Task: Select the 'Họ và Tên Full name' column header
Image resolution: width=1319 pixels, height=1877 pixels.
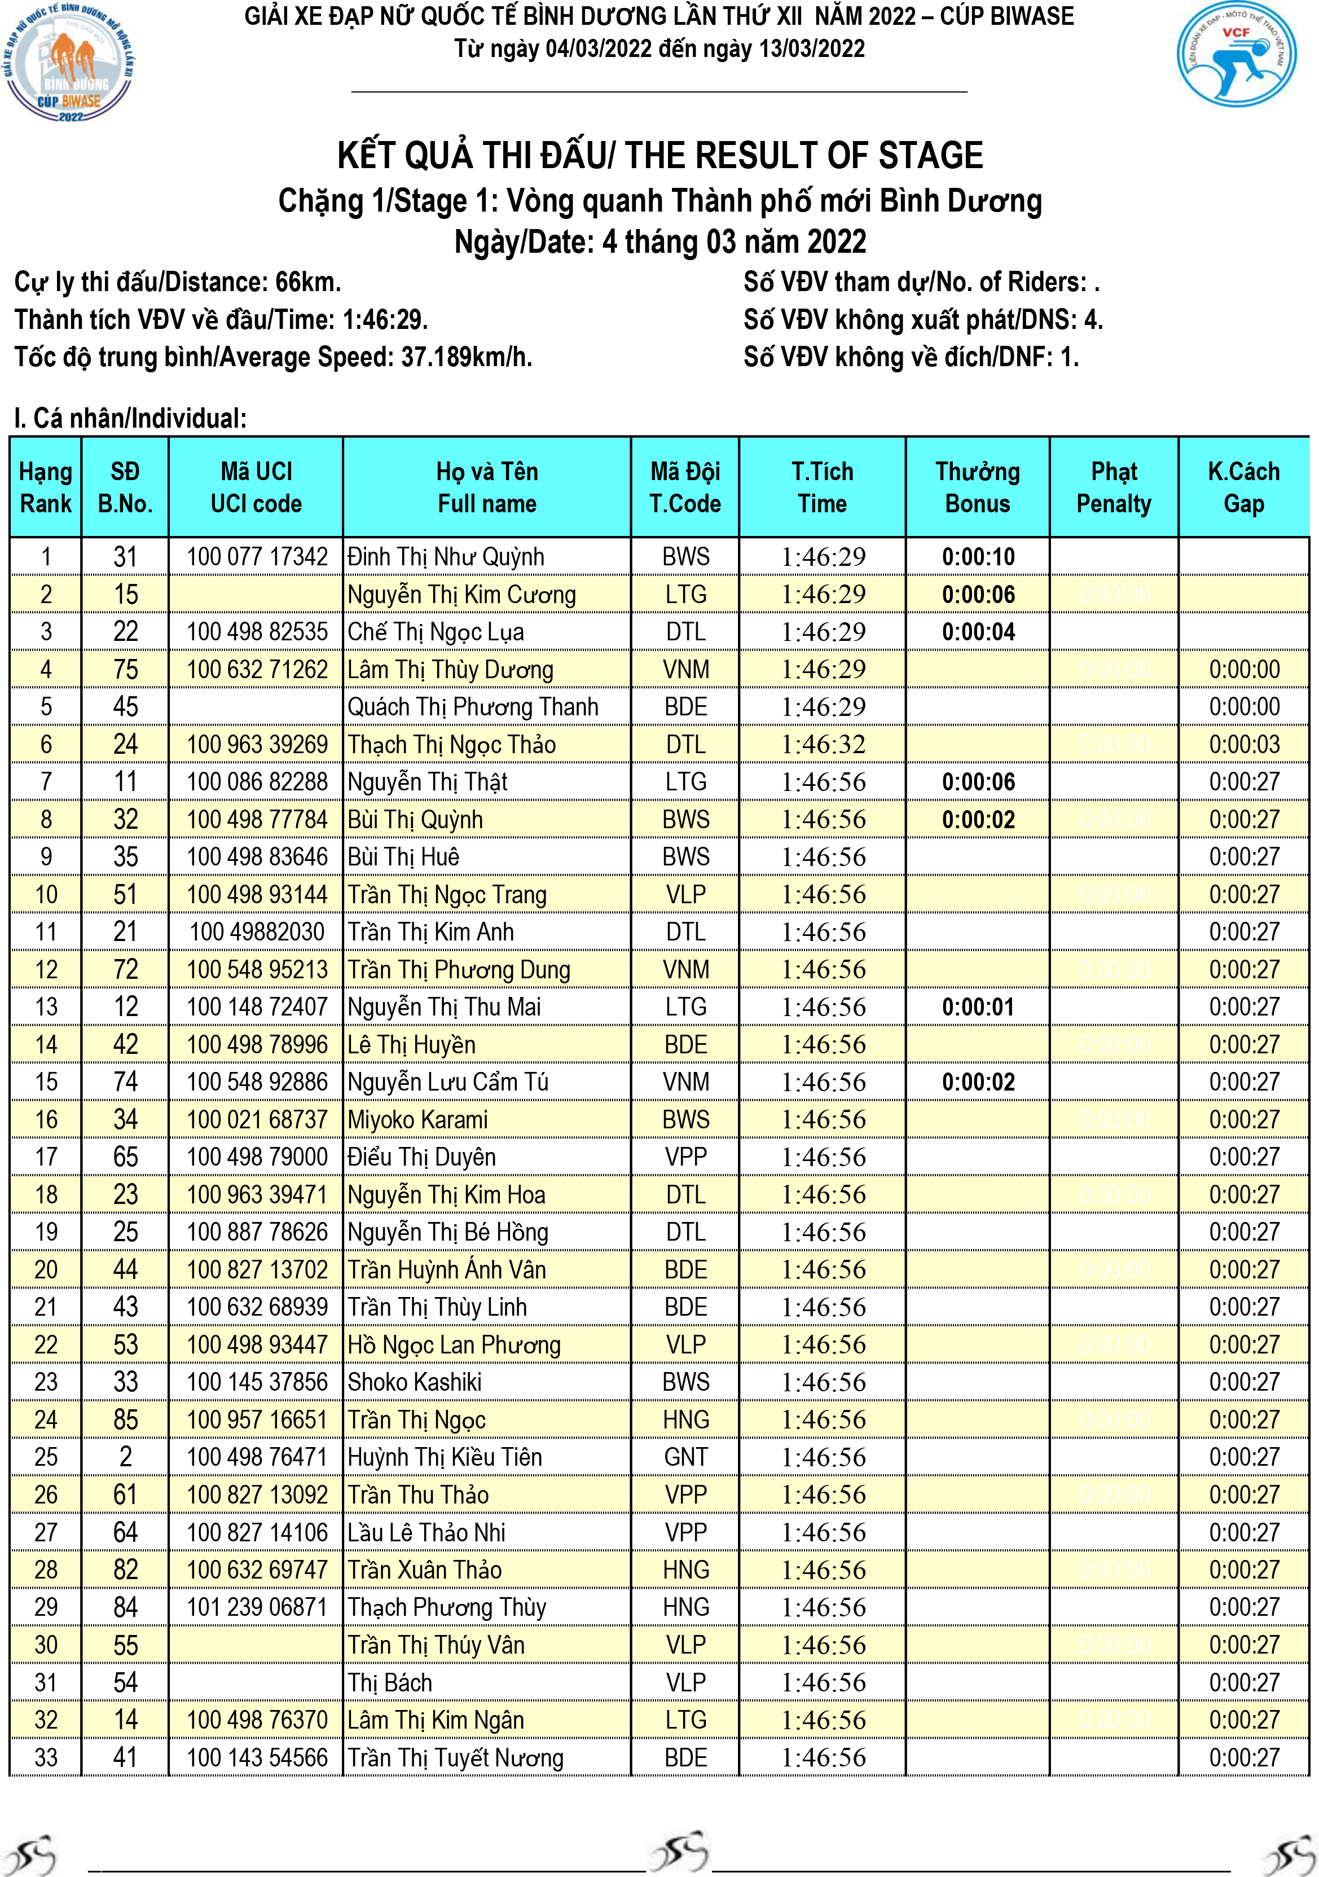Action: (486, 487)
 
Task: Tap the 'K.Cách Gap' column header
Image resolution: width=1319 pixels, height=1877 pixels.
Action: (1243, 487)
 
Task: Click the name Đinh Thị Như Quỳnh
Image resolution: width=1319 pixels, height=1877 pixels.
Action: (446, 557)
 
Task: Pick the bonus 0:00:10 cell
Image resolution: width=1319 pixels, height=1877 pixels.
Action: (978, 557)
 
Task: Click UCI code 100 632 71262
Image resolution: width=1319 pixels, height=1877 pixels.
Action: (257, 670)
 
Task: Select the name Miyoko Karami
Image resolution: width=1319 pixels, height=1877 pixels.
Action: (418, 1119)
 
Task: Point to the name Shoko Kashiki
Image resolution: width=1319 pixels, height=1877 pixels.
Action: (415, 1382)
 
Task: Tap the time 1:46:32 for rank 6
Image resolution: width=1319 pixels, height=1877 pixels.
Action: (823, 745)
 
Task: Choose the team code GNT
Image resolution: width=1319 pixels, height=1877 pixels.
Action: (685, 1457)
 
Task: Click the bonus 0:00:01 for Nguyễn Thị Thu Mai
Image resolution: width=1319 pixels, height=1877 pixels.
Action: (978, 1007)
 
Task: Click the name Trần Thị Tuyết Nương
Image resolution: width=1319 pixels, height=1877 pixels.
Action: (455, 1757)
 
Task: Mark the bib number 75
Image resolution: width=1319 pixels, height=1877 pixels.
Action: (125, 670)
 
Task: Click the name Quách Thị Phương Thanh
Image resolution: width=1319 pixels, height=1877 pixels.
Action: (473, 707)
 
